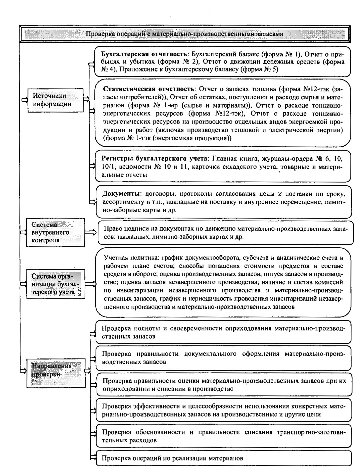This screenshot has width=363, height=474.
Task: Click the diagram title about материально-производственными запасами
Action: coord(185,34)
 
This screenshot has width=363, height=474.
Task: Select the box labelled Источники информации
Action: coord(55,100)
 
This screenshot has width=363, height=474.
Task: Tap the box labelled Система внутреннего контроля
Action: coord(55,233)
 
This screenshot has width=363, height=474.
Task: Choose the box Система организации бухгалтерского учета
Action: coord(55,284)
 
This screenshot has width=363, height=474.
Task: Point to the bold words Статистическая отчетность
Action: coord(148,89)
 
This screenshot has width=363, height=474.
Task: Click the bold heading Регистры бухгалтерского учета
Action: coord(154,159)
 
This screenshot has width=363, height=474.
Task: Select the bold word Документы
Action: coord(121,194)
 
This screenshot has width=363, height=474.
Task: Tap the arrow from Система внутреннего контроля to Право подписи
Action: coord(91,233)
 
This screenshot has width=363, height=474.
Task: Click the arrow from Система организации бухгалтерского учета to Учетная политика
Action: coord(91,284)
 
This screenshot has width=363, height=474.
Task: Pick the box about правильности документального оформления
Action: coord(223,358)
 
